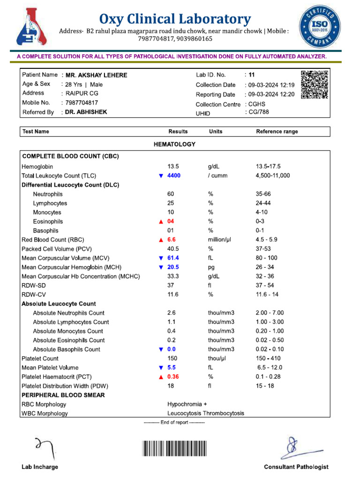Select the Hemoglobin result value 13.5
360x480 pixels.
(x=173, y=166)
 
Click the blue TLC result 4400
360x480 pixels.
(x=173, y=176)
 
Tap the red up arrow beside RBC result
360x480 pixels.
(x=161, y=240)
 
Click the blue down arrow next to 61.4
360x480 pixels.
(x=161, y=258)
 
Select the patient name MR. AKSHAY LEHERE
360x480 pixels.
(x=96, y=75)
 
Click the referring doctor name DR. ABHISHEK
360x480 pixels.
(x=87, y=112)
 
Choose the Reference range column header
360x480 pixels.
(x=277, y=132)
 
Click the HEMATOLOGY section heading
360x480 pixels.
(x=174, y=144)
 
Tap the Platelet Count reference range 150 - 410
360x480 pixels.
(x=271, y=359)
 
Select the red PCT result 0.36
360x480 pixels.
(x=174, y=377)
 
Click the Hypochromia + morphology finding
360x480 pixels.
(x=187, y=404)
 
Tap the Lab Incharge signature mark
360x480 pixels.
(x=45, y=448)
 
